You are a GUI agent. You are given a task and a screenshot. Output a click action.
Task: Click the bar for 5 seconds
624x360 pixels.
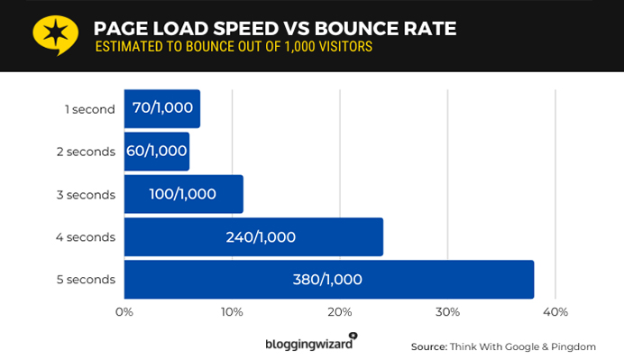coord(328,279)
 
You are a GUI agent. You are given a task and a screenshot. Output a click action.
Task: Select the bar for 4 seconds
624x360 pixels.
coord(253,236)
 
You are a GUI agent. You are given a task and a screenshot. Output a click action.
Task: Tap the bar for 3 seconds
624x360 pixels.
coord(183,194)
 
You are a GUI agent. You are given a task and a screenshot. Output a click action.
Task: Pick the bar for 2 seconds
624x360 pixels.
coord(156,152)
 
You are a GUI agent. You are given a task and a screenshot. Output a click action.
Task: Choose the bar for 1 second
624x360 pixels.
coord(161,109)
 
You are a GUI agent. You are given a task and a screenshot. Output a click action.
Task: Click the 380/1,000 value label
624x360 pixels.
coord(327,280)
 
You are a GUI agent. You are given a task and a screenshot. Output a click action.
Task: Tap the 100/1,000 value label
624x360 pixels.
coord(183,195)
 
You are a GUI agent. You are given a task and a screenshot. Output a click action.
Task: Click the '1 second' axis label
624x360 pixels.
coord(89,109)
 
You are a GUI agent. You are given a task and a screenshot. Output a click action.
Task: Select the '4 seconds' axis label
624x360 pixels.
coord(86,237)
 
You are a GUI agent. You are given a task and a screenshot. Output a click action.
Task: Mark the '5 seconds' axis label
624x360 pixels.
coord(86,280)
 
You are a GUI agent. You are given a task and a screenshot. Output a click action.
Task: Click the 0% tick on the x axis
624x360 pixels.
coord(124,312)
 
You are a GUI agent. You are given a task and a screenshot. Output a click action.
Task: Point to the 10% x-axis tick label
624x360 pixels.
coord(232,312)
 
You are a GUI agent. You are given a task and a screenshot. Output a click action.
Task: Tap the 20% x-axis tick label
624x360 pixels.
coord(339,312)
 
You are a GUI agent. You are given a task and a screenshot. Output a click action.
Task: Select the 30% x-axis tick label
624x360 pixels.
coord(447,312)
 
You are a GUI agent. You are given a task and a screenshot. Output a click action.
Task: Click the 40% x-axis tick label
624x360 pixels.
coord(555,312)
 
